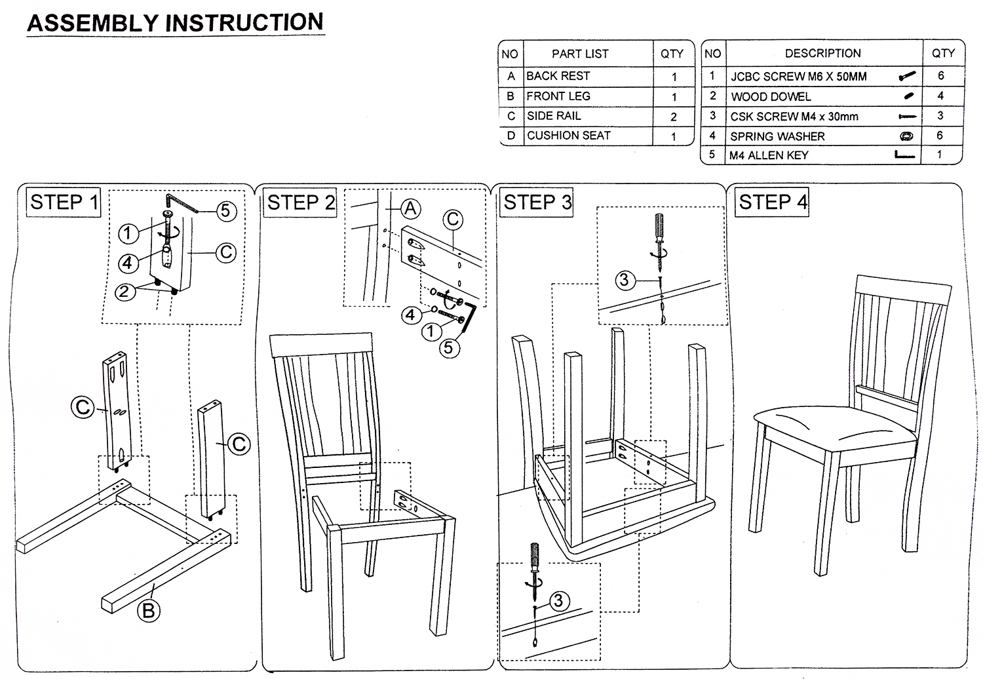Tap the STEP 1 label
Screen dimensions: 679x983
click(x=64, y=202)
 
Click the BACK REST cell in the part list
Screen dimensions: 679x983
click(x=558, y=76)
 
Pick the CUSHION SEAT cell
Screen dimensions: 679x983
click(x=568, y=136)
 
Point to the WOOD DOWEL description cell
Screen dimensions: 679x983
click(x=771, y=96)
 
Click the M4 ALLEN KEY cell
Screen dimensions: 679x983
click(x=769, y=155)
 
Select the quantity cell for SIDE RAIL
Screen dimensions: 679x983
click(x=673, y=117)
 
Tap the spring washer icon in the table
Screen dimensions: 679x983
click(x=907, y=136)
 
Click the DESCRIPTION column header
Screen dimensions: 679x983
click(x=822, y=53)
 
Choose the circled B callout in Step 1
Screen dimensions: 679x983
click(x=149, y=610)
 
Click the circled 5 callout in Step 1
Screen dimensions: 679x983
click(x=225, y=210)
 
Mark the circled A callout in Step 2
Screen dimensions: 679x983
click(x=410, y=208)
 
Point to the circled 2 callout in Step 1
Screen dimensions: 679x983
click(x=125, y=292)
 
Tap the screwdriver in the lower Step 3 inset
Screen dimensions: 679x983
click(x=535, y=564)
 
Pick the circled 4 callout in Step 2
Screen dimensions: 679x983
click(x=410, y=315)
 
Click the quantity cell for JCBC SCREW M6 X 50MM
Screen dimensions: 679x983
click(x=941, y=76)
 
